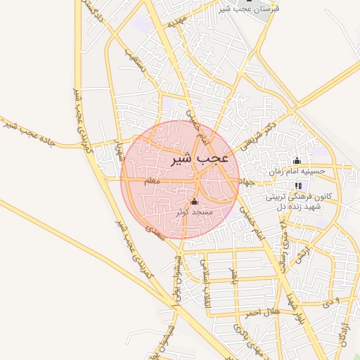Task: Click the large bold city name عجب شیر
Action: point(200,160)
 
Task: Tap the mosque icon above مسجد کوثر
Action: point(194,202)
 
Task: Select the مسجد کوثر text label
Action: point(192,211)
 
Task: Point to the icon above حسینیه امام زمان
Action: point(297,161)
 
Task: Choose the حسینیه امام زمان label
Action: point(297,171)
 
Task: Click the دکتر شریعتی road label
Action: point(259,134)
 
